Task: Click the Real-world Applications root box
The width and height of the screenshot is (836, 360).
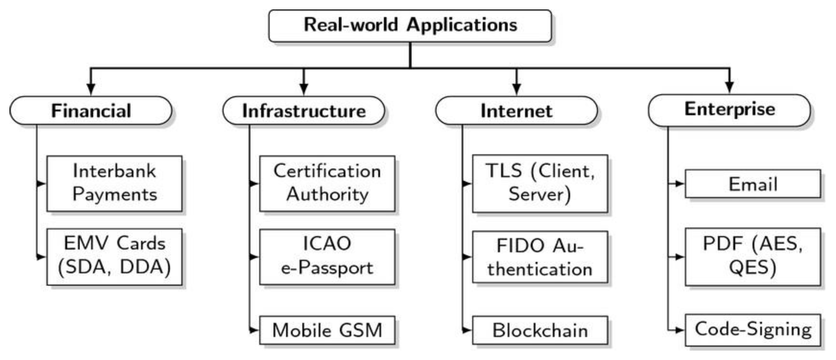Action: click(410, 26)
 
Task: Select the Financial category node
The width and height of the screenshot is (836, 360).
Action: click(91, 111)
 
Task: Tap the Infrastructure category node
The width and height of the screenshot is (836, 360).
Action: click(304, 111)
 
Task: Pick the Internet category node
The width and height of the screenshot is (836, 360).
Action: click(516, 111)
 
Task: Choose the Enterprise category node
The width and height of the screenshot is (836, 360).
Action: click(729, 110)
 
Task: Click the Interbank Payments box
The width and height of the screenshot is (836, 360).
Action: click(114, 183)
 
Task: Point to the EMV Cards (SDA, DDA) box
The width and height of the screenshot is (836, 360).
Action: click(114, 256)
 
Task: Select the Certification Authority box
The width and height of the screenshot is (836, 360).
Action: click(327, 183)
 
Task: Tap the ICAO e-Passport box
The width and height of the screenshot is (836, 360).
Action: click(327, 256)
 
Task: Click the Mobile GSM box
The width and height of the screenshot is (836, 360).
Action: click(327, 330)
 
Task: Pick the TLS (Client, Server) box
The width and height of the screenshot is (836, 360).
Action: click(540, 183)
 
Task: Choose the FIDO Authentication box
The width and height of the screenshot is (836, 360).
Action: click(540, 257)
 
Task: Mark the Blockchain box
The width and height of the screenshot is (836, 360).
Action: click(540, 330)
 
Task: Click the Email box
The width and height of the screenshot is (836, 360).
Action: click(753, 184)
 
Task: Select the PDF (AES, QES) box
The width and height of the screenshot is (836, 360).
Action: click(753, 257)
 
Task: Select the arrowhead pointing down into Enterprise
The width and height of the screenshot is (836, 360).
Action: click(729, 87)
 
